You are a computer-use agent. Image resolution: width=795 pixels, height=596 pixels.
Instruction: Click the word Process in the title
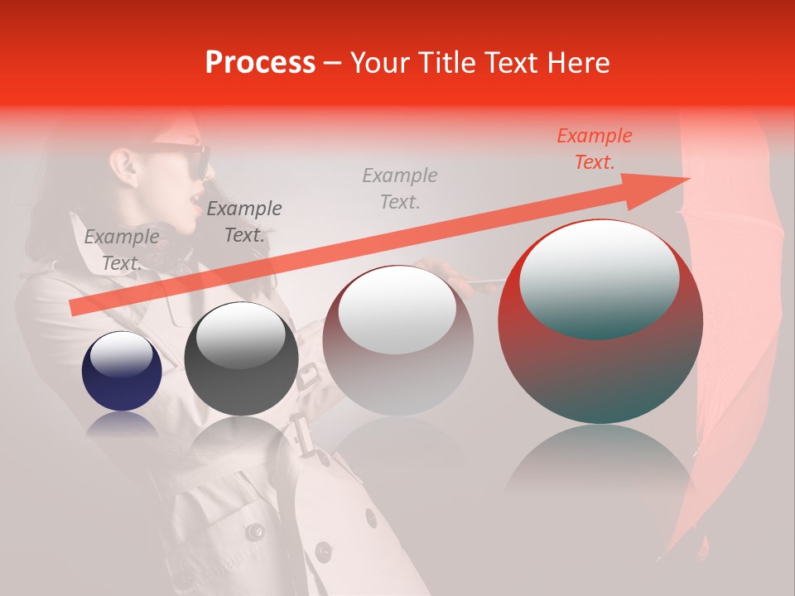click(x=260, y=62)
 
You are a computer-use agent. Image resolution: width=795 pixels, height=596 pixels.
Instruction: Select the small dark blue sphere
click(x=122, y=371)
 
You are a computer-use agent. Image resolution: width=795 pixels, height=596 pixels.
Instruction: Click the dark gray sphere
click(x=241, y=359)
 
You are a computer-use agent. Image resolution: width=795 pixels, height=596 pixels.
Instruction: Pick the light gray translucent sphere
click(x=397, y=339)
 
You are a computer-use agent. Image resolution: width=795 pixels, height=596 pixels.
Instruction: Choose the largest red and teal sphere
click(x=600, y=323)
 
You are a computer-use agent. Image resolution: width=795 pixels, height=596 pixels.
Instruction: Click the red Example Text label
click(x=594, y=149)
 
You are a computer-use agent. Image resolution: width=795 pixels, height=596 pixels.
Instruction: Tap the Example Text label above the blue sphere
click(x=122, y=250)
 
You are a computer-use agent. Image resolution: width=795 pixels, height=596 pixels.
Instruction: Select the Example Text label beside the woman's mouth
click(x=243, y=222)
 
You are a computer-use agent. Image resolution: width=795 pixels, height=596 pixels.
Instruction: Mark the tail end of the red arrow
click(x=75, y=308)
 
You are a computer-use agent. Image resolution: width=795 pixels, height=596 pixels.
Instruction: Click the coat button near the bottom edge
click(x=253, y=531)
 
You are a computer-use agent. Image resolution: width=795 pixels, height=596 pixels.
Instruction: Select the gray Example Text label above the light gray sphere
click(x=400, y=188)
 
